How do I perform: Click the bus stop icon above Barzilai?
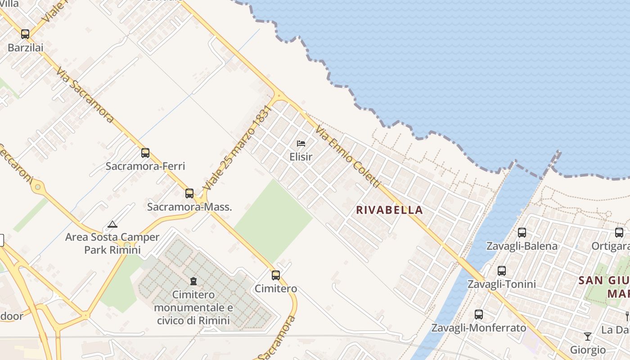(25, 34)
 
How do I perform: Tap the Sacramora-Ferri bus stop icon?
(145, 153)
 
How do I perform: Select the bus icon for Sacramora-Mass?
(189, 193)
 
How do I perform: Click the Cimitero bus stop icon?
(276, 275)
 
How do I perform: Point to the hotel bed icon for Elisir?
(301, 144)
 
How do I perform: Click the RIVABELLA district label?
(389, 210)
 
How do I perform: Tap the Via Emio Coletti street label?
(348, 157)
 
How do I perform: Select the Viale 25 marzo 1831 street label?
(238, 147)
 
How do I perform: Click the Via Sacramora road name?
(85, 94)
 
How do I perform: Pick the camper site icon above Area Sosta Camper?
(112, 224)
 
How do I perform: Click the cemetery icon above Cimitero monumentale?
(193, 281)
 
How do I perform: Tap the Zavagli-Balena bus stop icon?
(522, 233)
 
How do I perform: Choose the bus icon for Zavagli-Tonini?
(502, 271)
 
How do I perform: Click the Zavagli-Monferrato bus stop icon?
(479, 315)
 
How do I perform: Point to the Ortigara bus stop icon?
(619, 233)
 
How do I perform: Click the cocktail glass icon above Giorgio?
(588, 336)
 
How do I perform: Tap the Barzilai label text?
(25, 47)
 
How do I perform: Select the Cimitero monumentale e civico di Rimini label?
(193, 308)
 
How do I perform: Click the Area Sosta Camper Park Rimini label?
(112, 243)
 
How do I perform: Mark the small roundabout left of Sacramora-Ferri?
(38, 186)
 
